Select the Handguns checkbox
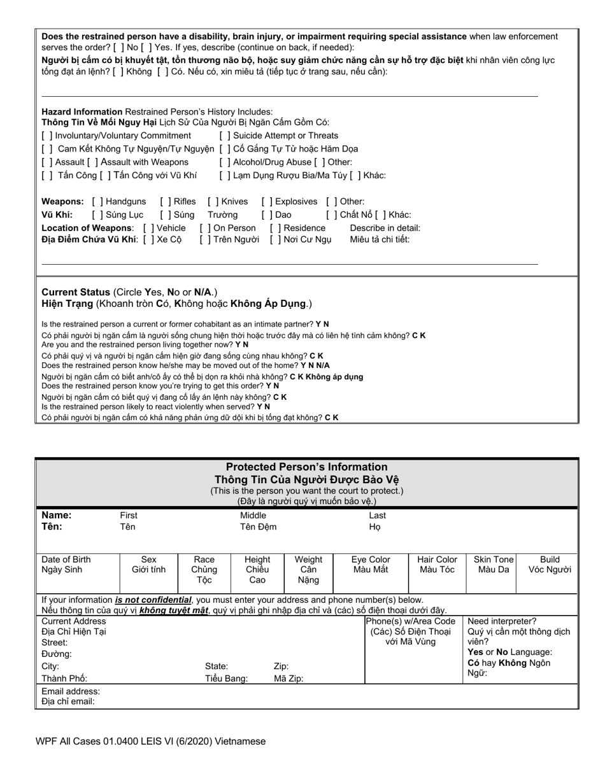pyautogui.click(x=97, y=202)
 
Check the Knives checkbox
pyautogui.click(x=213, y=202)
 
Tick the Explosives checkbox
pyautogui.click(x=267, y=202)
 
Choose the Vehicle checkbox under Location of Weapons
pyautogui.click(x=148, y=228)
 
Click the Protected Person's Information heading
pyautogui.click(x=306, y=467)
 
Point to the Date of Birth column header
pyautogui.click(x=66, y=560)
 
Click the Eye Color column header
pyautogui.click(x=371, y=560)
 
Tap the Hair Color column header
pyautogui.click(x=437, y=560)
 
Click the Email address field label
pyautogui.click(x=71, y=691)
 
